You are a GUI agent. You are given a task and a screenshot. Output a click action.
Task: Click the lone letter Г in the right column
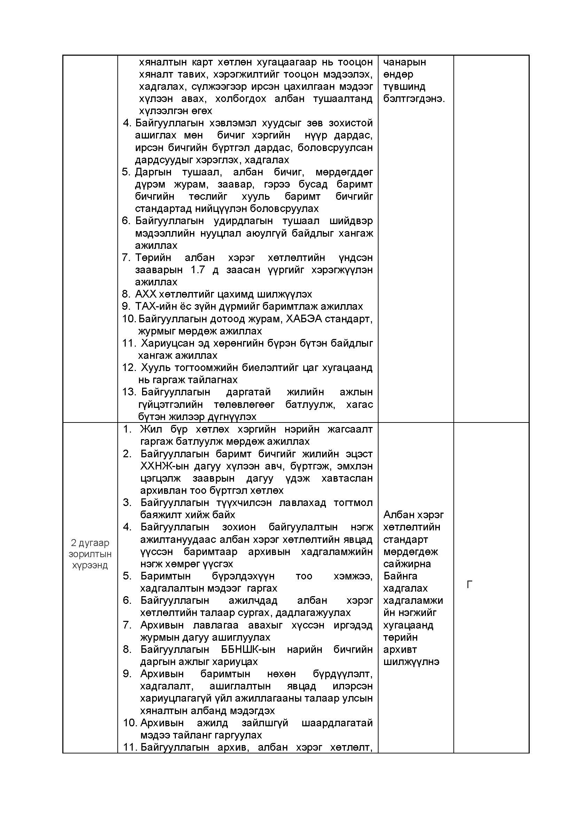coord(469,584)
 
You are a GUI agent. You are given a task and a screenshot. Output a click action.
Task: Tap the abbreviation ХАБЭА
coord(304,319)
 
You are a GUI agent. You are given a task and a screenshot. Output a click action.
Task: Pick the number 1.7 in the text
coord(198,269)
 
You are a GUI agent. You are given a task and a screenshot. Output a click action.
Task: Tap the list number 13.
coord(129,392)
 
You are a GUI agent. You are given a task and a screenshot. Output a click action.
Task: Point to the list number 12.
coord(129,367)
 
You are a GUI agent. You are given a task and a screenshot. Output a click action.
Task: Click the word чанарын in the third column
coord(405,62)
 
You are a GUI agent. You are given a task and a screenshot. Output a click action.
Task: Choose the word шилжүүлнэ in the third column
coord(411,662)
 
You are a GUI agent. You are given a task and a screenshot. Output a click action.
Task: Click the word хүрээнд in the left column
coord(90,565)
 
